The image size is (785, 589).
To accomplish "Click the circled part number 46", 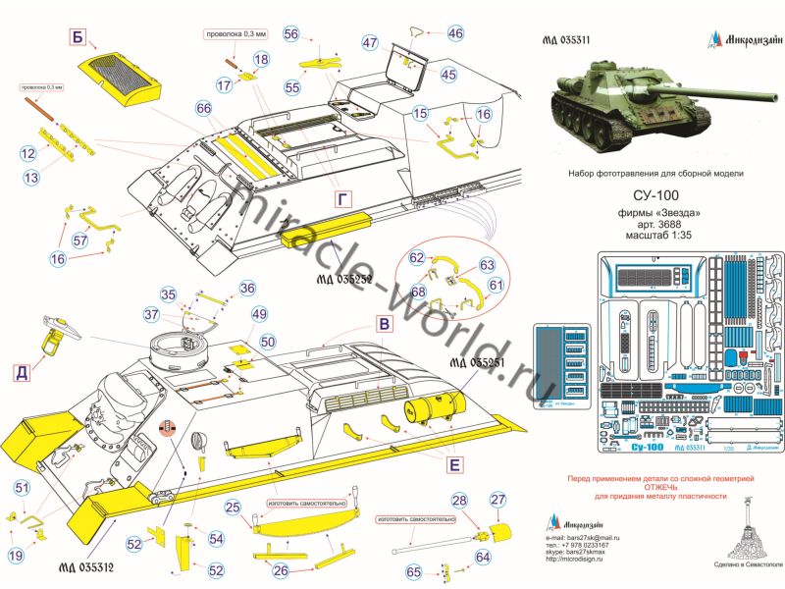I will tap(454, 33).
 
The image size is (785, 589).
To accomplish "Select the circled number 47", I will tap(369, 43).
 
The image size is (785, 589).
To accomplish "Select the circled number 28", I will tap(459, 500).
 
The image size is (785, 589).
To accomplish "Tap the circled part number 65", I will tap(415, 571).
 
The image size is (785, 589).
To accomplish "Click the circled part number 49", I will tap(259, 314).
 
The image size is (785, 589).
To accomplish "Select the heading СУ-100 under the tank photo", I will tap(655, 197).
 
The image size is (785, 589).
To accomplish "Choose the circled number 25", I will tap(233, 509).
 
